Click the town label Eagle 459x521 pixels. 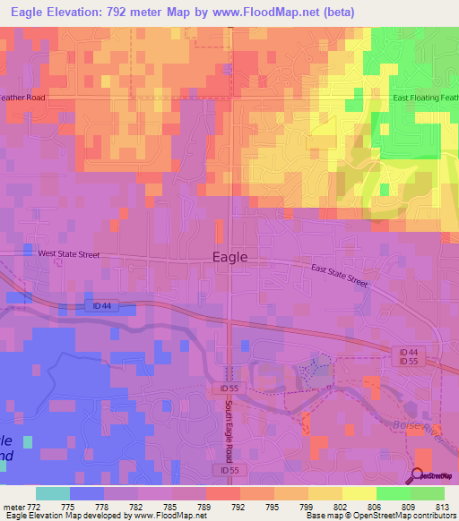230,256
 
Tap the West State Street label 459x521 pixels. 68,254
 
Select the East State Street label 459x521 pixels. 340,275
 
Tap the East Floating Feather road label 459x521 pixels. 425,98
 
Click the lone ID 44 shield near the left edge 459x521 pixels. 102,305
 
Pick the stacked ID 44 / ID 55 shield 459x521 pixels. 409,355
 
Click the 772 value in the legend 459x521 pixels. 35,507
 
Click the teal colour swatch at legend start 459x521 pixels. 52,493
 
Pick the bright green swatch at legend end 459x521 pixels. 427,493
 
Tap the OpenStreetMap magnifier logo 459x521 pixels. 418,476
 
